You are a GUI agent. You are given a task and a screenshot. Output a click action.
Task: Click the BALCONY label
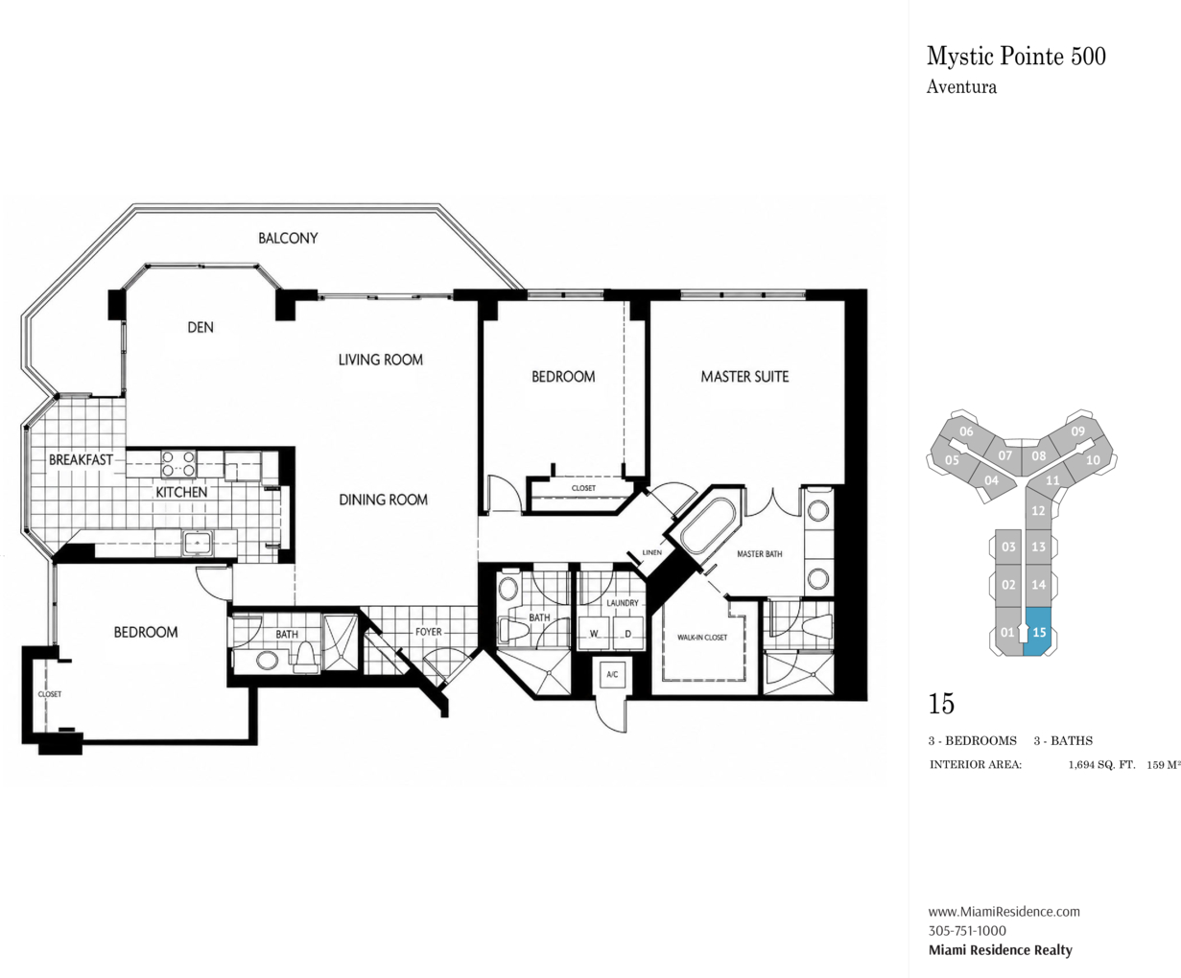pos(288,238)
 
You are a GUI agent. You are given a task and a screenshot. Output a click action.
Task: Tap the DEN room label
pos(201,327)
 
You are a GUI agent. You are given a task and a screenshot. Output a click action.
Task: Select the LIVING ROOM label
pos(381,360)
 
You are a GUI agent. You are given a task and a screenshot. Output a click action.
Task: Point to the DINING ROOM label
pos(383,500)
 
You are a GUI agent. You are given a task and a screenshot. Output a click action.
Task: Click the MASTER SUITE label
pos(744,377)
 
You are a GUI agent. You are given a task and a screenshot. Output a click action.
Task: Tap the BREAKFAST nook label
pos(81,459)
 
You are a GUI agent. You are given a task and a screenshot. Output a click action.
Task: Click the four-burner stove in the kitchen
pos(178,463)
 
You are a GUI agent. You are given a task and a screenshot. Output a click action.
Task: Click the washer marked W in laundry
pos(594,633)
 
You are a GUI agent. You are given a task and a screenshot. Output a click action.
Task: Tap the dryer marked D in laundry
pos(627,633)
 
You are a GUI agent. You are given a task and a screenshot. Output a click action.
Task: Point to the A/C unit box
pos(612,674)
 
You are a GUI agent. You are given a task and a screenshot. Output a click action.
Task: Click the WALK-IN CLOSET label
pos(702,637)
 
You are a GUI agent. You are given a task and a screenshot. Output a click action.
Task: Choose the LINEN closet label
pos(652,552)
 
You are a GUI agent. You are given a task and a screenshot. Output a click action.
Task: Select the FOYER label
pos(428,632)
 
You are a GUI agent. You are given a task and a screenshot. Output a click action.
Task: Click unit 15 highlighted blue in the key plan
pos(1040,632)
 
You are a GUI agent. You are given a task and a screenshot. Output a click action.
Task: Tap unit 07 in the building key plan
pos(1004,455)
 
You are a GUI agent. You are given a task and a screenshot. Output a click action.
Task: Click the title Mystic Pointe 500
pos(1016,57)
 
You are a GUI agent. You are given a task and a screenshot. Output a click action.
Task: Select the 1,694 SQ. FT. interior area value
pos(1101,765)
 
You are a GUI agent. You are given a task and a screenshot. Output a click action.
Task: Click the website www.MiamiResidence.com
pos(1004,911)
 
